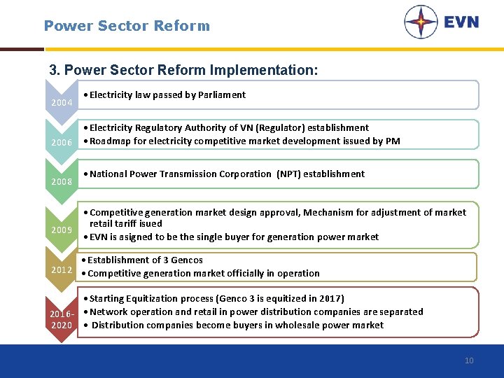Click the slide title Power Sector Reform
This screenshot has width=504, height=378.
pos(127,26)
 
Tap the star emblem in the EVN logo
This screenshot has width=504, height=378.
pos(421,22)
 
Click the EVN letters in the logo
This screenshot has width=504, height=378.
pos(461,22)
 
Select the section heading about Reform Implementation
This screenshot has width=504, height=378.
pos(183,71)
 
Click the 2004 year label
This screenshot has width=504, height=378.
pos(62,103)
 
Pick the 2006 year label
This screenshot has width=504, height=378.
pos(62,142)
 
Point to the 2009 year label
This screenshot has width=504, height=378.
pos(62,230)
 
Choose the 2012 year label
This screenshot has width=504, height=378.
pos(62,269)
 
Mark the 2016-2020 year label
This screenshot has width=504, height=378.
pos(61,319)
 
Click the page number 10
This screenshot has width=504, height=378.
pos(469,360)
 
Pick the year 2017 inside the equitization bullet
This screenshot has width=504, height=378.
pos(329,298)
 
